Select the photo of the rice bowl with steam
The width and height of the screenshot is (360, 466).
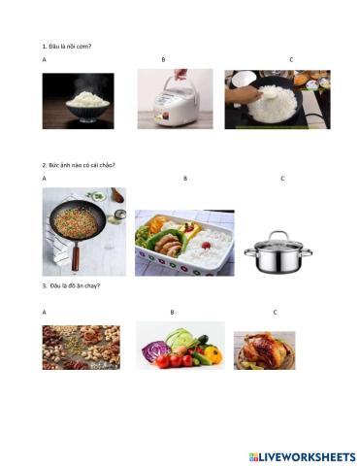click(x=78, y=101)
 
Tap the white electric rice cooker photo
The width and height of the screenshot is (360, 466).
click(x=175, y=99)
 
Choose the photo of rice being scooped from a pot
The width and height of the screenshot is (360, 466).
click(x=277, y=100)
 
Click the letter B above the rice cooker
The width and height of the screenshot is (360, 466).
click(x=163, y=60)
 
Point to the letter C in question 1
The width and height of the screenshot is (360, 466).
click(x=291, y=60)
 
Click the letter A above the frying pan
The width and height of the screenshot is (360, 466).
click(x=45, y=179)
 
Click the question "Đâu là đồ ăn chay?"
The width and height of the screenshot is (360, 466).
click(x=73, y=285)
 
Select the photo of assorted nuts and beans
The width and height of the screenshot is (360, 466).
click(x=81, y=348)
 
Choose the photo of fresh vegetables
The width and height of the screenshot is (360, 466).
click(x=181, y=346)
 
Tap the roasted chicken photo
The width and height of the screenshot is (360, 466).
click(x=264, y=350)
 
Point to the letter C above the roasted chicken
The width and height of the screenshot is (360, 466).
click(x=275, y=312)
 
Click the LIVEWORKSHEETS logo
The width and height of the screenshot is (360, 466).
click(x=302, y=456)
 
